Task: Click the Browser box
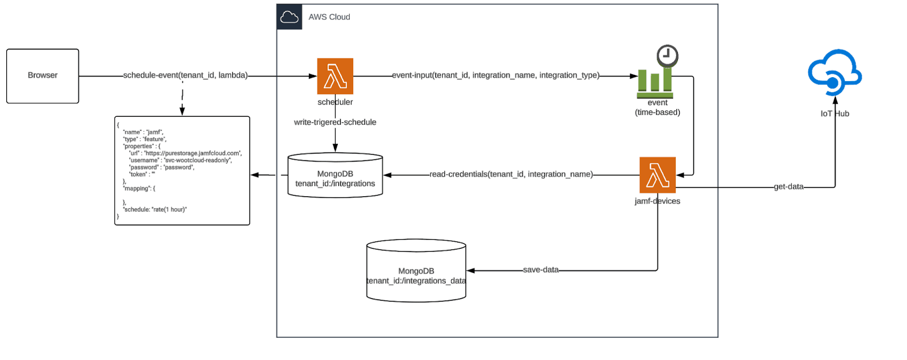click(x=43, y=76)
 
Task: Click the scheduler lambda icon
click(x=335, y=76)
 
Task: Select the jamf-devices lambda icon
click(x=658, y=175)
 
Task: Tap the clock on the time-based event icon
click(x=667, y=56)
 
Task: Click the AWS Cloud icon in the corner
click(x=289, y=17)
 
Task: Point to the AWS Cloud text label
click(x=329, y=17)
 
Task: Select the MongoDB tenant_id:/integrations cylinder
click(x=335, y=176)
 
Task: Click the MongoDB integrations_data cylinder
click(x=416, y=271)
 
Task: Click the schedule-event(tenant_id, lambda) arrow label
click(x=185, y=75)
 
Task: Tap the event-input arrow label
click(x=495, y=75)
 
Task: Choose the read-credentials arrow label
click(x=511, y=175)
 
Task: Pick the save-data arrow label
click(x=541, y=270)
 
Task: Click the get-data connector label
click(x=789, y=187)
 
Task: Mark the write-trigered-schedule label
click(x=335, y=122)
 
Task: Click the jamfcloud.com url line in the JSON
click(x=185, y=153)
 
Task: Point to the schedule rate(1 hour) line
click(x=155, y=209)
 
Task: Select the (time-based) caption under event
click(x=658, y=112)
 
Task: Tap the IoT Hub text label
click(x=835, y=114)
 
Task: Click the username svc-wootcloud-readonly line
click(x=180, y=160)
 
